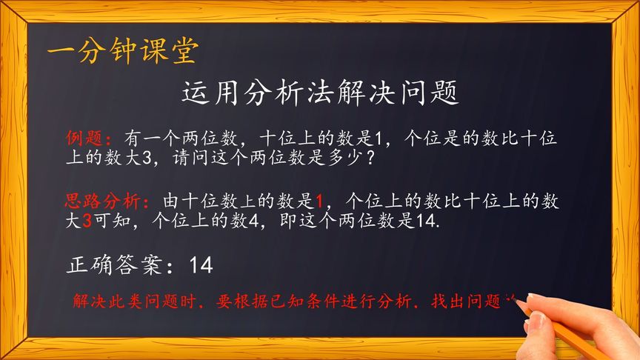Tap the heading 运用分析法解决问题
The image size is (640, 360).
click(320, 94)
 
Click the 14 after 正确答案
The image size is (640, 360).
click(201, 264)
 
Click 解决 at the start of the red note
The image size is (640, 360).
click(87, 302)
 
